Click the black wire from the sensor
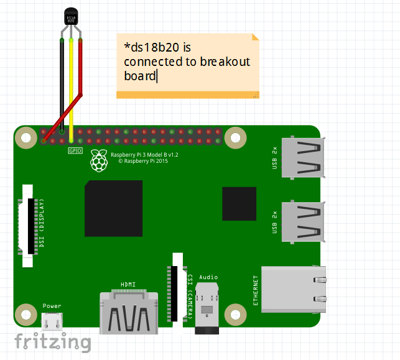62,81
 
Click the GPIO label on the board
75,150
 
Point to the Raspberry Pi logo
98,160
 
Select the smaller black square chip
239,203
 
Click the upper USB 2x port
303,157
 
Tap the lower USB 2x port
303,221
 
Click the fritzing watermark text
53,342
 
